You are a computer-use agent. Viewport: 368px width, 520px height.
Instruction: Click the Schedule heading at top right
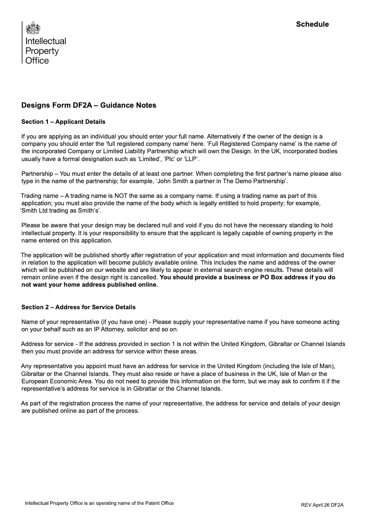pos(312,24)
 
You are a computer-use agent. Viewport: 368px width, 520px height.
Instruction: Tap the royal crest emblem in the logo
pos(32,29)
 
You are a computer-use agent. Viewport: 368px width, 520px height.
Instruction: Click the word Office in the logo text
pos(37,61)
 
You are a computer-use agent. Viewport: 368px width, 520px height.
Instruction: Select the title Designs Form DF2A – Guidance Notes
pos(89,105)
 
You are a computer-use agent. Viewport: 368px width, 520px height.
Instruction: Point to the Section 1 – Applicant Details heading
pos(63,122)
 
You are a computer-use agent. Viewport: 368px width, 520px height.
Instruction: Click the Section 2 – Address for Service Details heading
pos(79,307)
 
